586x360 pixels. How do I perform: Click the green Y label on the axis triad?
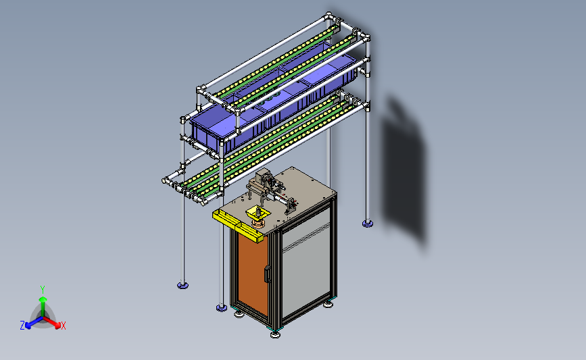42,290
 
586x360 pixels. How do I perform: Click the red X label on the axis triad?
63,326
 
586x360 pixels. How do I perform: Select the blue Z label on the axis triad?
22,326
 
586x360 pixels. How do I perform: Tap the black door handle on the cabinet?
268,274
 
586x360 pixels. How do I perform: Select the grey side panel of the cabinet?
306,261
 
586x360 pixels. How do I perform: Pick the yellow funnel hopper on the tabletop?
258,213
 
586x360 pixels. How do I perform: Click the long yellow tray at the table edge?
237,225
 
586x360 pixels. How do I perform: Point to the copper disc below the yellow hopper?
259,224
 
